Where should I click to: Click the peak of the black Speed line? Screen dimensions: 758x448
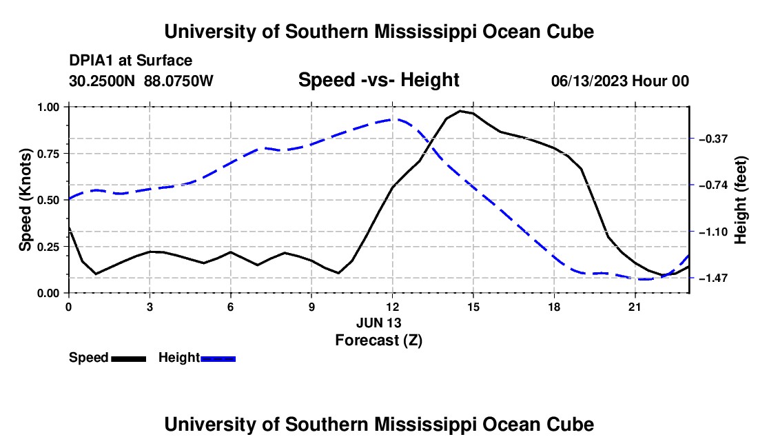point(460,111)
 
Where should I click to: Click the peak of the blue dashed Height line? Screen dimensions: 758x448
point(393,119)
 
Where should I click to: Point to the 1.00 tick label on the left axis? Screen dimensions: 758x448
point(48,107)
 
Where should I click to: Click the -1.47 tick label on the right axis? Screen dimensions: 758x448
point(713,278)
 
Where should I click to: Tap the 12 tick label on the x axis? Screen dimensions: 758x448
point(393,307)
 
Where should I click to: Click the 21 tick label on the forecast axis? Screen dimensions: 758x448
point(635,307)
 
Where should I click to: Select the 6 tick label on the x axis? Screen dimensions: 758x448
point(231,307)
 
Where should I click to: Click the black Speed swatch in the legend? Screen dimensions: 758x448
point(129,358)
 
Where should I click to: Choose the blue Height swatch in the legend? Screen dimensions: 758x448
point(218,358)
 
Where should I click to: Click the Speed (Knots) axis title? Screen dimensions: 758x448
point(25,200)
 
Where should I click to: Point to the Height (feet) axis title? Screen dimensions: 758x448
point(740,200)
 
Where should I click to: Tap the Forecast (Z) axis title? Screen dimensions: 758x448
point(378,340)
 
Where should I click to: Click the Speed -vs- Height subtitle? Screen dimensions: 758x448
point(378,80)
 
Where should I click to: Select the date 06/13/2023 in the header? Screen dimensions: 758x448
point(589,81)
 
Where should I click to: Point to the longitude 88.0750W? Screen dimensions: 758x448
point(178,81)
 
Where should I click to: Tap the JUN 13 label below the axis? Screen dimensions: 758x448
point(378,323)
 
